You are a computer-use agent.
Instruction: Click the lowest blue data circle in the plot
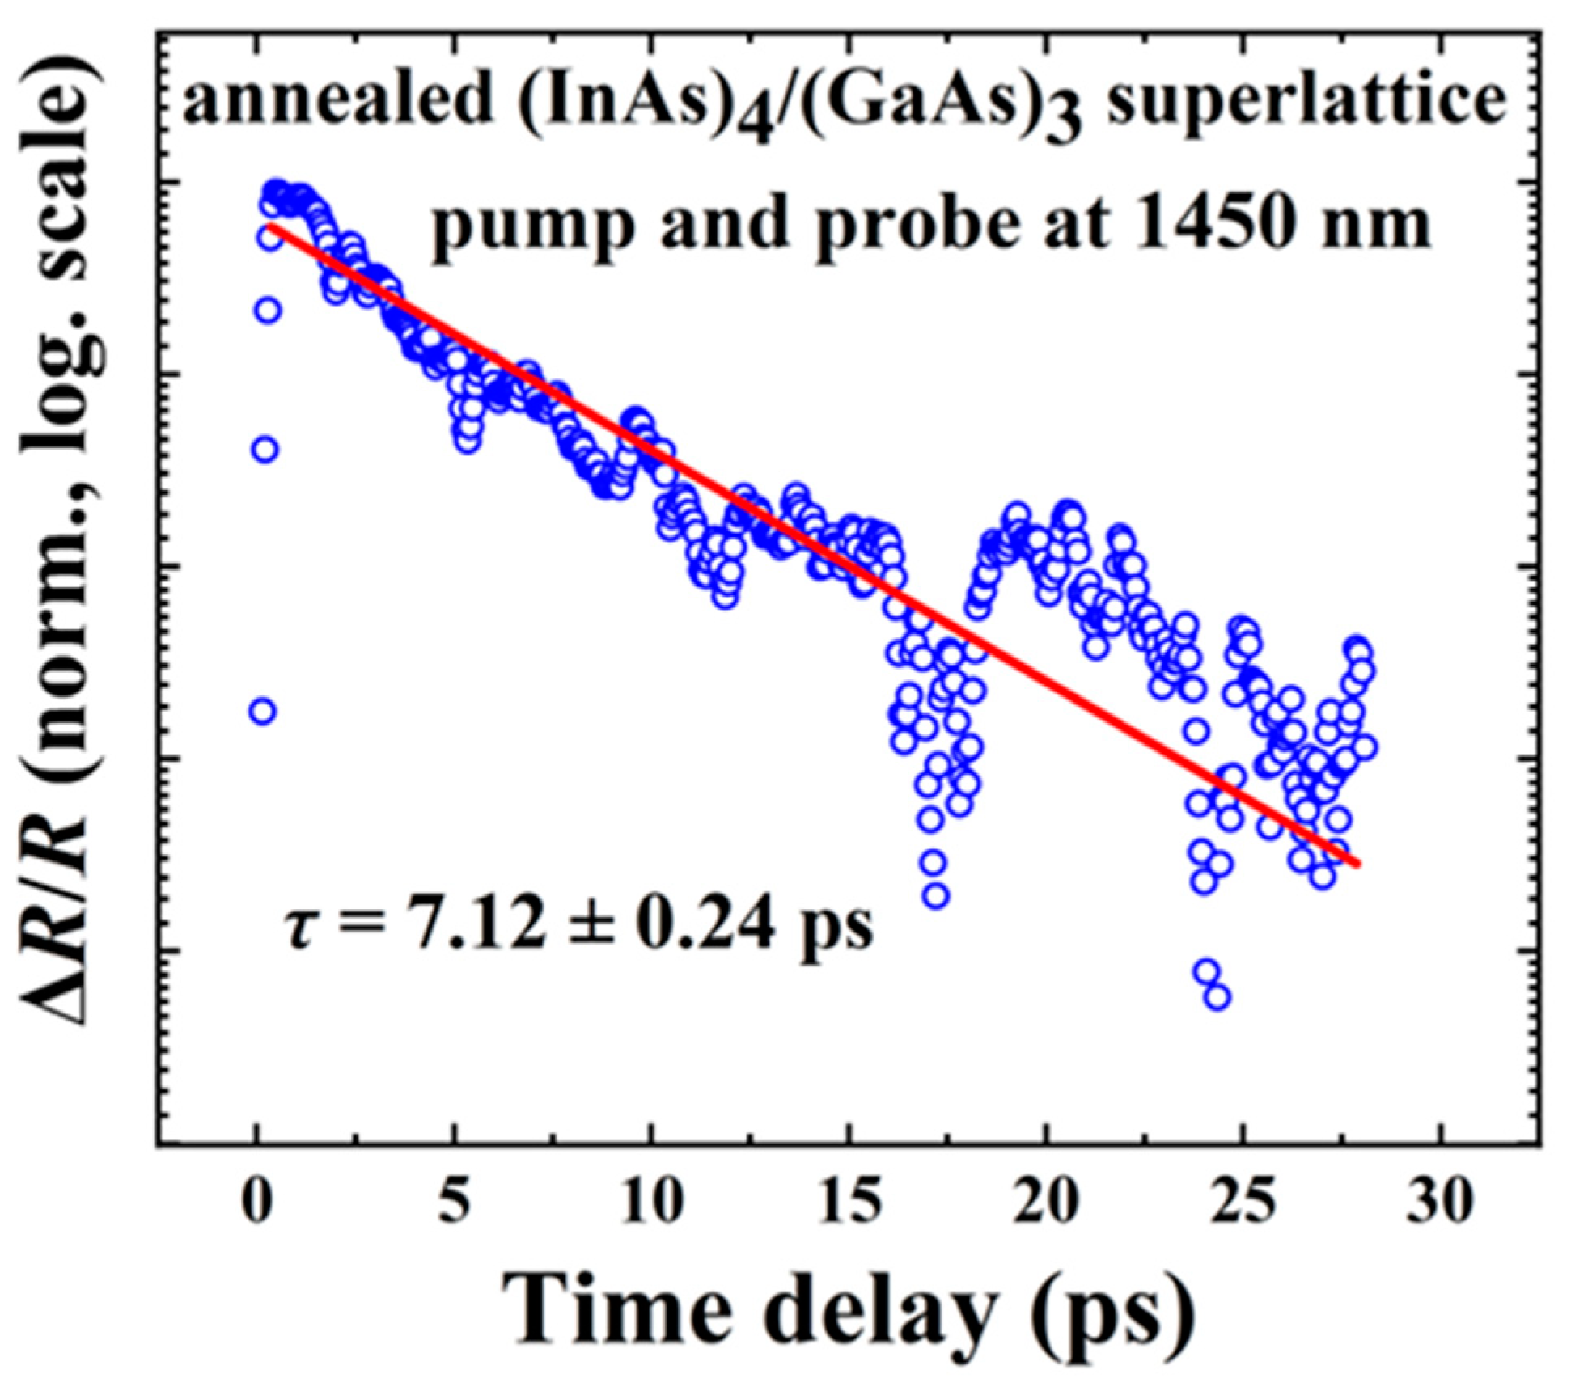tap(1217, 998)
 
